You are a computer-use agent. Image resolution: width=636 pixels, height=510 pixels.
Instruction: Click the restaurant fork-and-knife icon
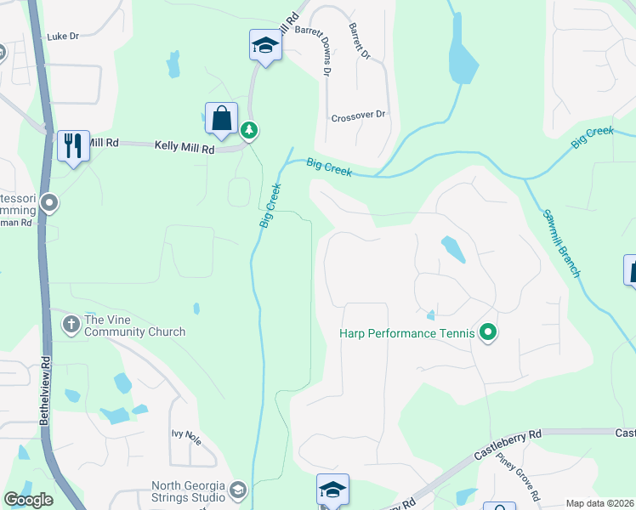[73, 145]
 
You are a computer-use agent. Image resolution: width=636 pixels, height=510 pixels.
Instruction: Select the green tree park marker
[249, 131]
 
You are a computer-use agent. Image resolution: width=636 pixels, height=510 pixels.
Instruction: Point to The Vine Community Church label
[134, 326]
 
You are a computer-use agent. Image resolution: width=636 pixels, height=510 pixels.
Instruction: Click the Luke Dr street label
[63, 37]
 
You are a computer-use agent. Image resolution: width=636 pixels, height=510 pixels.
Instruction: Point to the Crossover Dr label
[358, 115]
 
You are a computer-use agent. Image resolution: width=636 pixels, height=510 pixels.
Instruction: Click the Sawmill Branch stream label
[561, 243]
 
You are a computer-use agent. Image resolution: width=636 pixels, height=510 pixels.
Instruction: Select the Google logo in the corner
[29, 500]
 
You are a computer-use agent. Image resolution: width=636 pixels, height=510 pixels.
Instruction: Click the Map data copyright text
[600, 503]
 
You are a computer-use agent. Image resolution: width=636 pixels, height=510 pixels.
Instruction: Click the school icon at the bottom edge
[332, 490]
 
